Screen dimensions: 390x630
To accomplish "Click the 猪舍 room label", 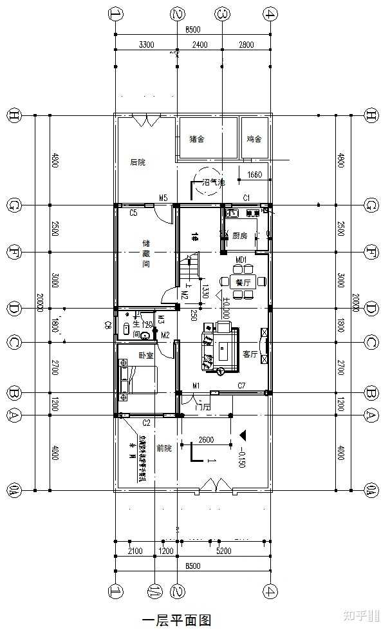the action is click(197, 139).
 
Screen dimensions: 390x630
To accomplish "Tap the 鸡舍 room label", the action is click(254, 139).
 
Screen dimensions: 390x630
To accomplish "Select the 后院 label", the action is click(138, 162).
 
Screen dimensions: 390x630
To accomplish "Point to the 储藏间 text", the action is click(146, 253).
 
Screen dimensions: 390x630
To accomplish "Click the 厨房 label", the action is click(240, 235).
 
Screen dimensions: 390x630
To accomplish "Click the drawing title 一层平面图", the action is click(176, 620).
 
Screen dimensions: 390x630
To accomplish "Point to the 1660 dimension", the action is click(254, 174).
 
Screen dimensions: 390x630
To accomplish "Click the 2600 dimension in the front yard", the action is click(206, 440).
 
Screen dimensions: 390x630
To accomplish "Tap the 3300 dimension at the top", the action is click(146, 44).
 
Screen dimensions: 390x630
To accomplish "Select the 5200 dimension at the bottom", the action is click(225, 551).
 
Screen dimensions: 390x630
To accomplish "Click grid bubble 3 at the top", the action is click(222, 14).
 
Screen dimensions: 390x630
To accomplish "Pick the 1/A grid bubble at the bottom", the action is click(154, 590).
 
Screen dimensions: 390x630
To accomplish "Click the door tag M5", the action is click(163, 198).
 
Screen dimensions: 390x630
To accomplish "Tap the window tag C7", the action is click(241, 386).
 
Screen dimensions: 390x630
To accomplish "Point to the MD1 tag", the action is click(241, 260).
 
